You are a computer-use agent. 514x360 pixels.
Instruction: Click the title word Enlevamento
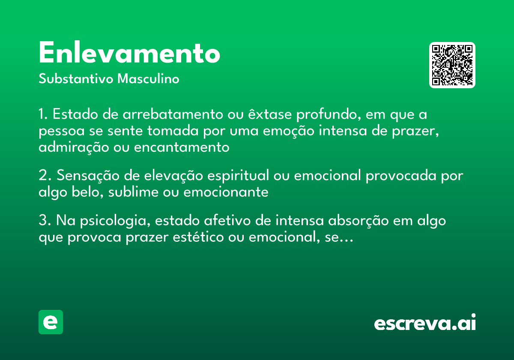(129, 54)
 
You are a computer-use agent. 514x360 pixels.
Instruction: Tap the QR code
(452, 65)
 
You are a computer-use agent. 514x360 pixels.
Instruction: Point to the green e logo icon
(51, 322)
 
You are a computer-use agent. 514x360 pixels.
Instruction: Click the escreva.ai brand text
(425, 323)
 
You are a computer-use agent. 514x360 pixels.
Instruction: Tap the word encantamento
(182, 147)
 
